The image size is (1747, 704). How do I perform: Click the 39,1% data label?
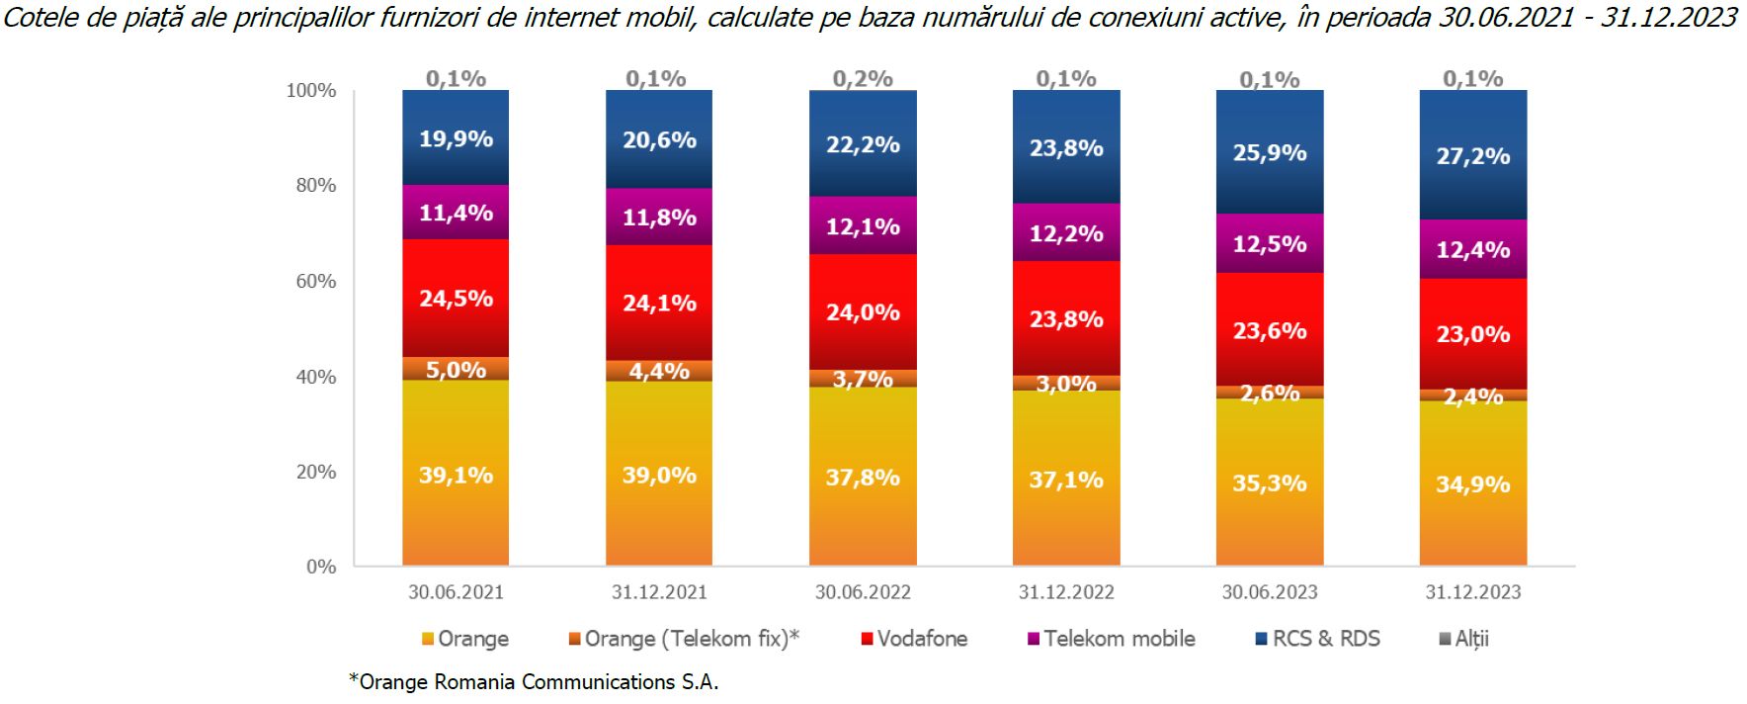[456, 476]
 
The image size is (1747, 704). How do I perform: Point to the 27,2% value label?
[1472, 156]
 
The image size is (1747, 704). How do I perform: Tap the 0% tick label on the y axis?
[321, 568]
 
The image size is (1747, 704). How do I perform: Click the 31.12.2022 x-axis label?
[1066, 592]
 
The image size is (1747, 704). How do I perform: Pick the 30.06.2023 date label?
[1270, 592]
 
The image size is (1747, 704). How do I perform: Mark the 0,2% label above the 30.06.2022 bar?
[863, 79]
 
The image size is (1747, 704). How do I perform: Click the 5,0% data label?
[456, 370]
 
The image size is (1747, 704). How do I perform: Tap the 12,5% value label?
[1270, 244]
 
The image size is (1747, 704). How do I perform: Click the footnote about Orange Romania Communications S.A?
[534, 682]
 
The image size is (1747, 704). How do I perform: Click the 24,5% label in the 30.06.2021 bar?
[456, 299]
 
